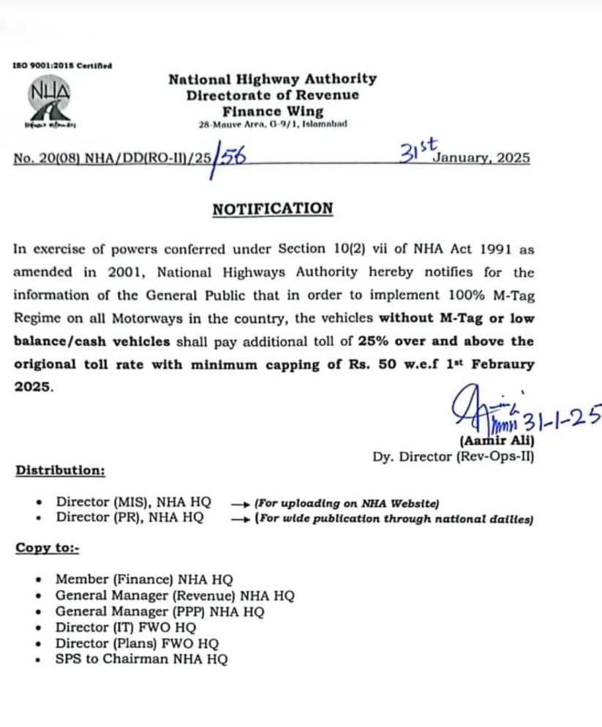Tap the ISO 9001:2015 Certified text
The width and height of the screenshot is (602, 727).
pos(62,66)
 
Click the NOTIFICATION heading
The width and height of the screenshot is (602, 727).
pos(272,209)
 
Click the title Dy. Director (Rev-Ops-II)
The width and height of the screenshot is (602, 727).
pos(453,456)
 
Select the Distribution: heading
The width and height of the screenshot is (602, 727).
pos(60,470)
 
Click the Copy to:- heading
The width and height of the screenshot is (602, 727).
pos(48,548)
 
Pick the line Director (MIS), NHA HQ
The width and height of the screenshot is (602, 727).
pos(133,502)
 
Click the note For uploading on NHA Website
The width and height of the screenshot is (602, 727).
pos(346,503)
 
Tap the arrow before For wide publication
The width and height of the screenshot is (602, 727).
pos(240,519)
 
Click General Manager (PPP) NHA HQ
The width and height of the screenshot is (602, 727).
pos(160,611)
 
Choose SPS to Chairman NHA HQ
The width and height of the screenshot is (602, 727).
pos(141,659)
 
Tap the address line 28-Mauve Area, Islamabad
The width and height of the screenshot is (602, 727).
pos(273,124)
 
